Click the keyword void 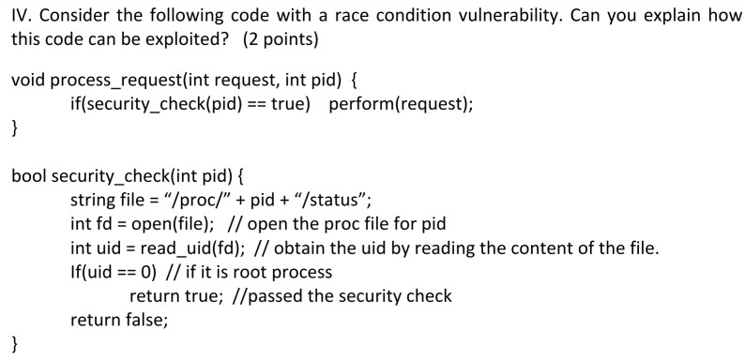pos(28,80)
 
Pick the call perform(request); pos(401,104)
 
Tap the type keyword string pos(93,201)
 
